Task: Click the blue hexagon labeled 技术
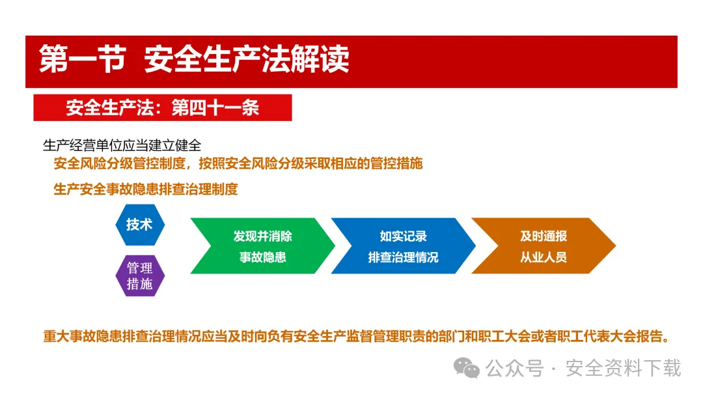(x=140, y=225)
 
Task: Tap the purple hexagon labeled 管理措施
(x=140, y=276)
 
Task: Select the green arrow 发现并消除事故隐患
(x=263, y=246)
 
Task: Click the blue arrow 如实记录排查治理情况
(x=403, y=246)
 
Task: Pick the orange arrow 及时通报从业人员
(x=544, y=246)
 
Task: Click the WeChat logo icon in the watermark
(x=466, y=368)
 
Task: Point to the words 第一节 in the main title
(x=82, y=59)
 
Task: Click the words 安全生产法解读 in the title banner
(x=247, y=59)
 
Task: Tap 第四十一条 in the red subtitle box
(x=215, y=107)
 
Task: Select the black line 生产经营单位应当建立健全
(x=122, y=145)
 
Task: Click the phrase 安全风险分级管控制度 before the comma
(x=120, y=163)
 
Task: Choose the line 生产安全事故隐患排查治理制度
(x=146, y=190)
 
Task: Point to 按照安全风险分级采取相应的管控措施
(x=310, y=163)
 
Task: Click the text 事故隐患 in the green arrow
(x=263, y=257)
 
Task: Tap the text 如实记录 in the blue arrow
(x=403, y=236)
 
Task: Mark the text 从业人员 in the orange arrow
(x=544, y=257)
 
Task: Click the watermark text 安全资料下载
(x=623, y=368)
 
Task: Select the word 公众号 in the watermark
(x=515, y=368)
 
